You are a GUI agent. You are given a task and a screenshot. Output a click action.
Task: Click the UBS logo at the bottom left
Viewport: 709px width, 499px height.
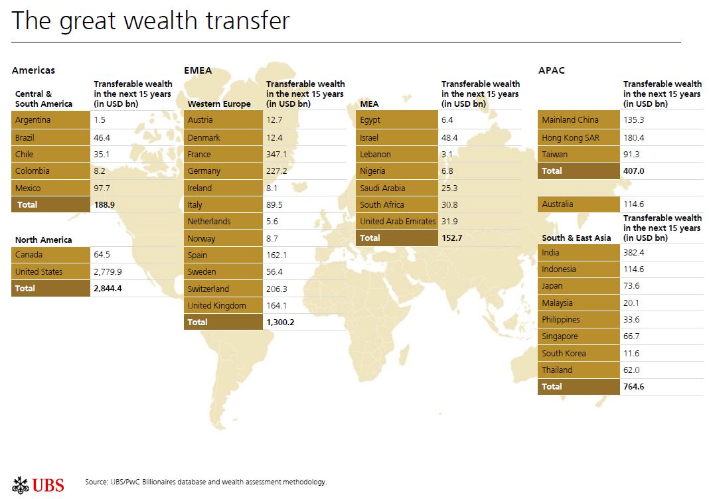(39, 484)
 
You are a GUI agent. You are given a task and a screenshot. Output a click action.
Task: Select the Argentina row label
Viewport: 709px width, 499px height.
(33, 120)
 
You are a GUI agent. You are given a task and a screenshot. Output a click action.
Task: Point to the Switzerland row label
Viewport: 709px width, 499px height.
(208, 289)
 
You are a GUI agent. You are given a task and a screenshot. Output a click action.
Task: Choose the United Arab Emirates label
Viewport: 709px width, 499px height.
(397, 222)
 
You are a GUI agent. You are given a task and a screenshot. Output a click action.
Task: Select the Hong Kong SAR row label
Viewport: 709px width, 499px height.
(565, 137)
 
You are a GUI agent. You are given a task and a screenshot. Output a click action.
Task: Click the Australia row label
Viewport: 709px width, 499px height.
(557, 204)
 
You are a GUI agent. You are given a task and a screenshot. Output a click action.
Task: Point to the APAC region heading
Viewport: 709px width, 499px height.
(552, 70)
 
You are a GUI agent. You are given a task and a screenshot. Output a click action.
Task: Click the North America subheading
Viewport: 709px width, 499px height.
(44, 240)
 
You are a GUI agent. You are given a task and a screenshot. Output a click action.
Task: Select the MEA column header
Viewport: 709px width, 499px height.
(369, 104)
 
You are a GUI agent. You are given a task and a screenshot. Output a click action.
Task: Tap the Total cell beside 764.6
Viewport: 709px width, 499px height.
(552, 387)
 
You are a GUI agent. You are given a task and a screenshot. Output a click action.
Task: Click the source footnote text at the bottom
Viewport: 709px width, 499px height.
(206, 482)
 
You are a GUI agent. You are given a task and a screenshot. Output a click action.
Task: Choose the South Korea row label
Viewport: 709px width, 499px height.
(564, 354)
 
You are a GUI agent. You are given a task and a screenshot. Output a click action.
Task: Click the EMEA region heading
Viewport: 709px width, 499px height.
(197, 70)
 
